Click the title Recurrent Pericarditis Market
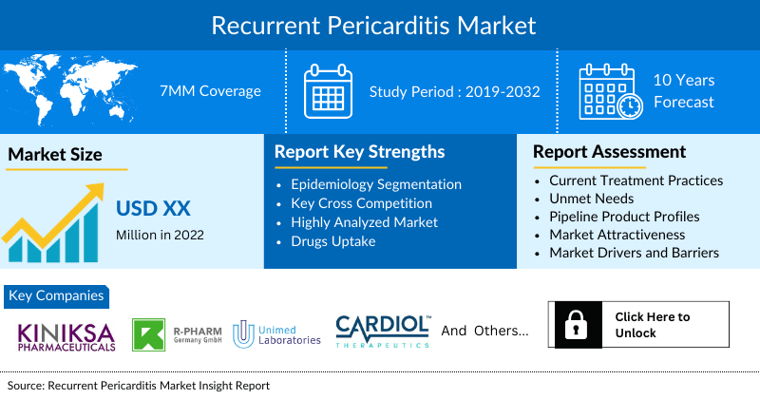tap(380, 24)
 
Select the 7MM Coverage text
tap(210, 91)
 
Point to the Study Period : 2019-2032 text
tap(454, 91)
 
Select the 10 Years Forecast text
tap(683, 91)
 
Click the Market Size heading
tap(55, 154)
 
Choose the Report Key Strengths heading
tap(359, 152)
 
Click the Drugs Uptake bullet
tap(334, 241)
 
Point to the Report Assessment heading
tap(609, 152)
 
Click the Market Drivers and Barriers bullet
tap(634, 253)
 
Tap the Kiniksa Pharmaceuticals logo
tap(66, 334)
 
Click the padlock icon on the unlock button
tap(576, 326)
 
